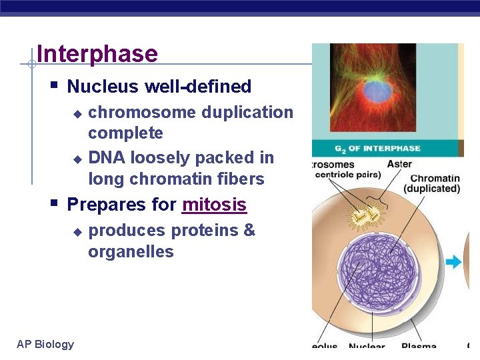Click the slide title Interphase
point(97,54)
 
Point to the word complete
point(125,133)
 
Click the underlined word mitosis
point(214,205)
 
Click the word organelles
point(131,252)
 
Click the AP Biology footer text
point(45,344)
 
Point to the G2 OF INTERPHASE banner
point(377,148)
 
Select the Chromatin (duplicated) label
point(435,183)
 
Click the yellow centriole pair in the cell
point(364,215)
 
